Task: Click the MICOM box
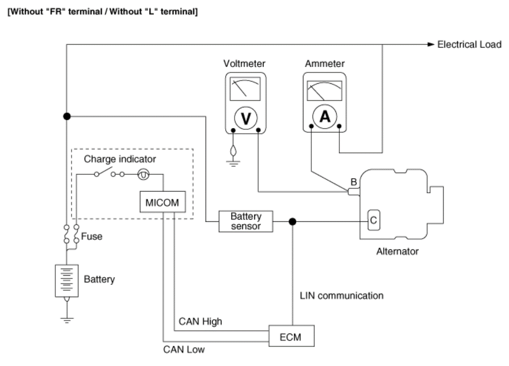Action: (163, 202)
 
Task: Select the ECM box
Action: (292, 336)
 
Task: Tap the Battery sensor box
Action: (246, 221)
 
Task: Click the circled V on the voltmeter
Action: (246, 118)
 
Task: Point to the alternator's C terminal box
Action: (374, 220)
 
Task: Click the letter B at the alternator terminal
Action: (354, 182)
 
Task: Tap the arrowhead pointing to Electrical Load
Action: (431, 44)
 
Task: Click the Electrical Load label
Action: (470, 44)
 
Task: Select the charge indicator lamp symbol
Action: (143, 174)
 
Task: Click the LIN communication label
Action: (342, 295)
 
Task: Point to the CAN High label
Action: (200, 321)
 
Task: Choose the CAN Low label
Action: (184, 349)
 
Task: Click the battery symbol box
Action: (67, 281)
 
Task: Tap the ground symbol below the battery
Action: (67, 320)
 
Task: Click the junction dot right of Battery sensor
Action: (292, 222)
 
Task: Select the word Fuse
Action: (92, 236)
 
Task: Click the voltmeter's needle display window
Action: (245, 89)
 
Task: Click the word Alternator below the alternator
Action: (397, 251)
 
